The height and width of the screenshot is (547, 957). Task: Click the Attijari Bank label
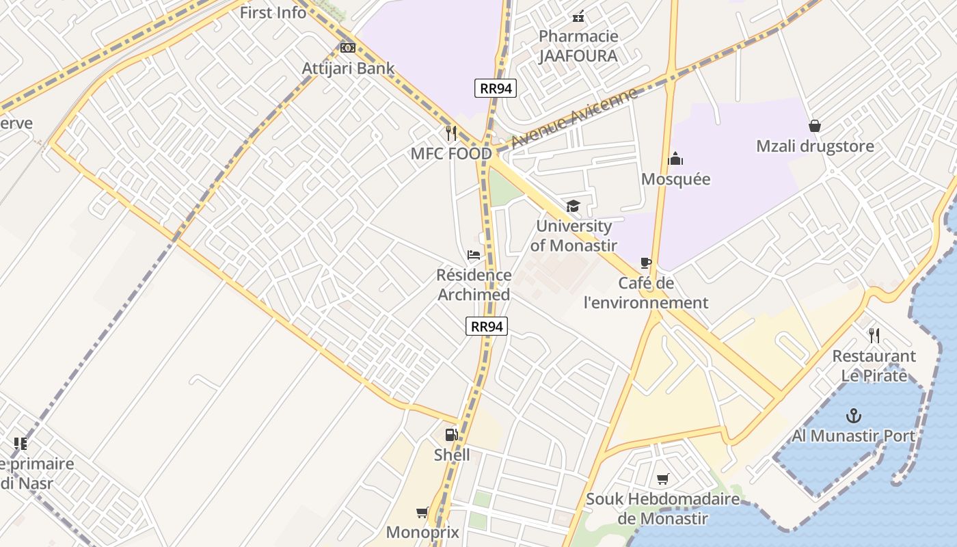coord(348,68)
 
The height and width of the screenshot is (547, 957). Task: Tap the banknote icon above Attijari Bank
coord(348,48)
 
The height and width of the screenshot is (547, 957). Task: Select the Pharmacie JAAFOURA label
coord(578,46)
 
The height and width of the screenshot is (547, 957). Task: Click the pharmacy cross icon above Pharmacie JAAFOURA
coord(578,16)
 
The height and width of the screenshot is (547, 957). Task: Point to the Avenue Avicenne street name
coord(574,118)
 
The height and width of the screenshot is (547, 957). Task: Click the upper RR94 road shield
coord(496,88)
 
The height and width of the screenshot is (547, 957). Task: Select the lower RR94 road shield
coord(487,326)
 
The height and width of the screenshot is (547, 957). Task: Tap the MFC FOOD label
coord(451,154)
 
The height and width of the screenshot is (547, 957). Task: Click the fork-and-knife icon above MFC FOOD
coord(451,133)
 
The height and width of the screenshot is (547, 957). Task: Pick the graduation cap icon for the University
coord(573,206)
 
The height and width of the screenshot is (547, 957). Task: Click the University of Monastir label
coord(574,236)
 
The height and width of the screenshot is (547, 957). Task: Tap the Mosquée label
coord(675,179)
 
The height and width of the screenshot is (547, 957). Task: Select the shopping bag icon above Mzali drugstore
coord(815,126)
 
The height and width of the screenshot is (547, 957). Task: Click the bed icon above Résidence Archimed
coord(473,255)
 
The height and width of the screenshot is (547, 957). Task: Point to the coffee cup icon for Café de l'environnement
coord(646,263)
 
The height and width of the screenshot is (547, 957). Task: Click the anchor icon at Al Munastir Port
coord(853,415)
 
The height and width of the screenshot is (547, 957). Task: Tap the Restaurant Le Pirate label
coord(874,366)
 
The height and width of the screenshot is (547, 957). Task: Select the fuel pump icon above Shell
coord(451,435)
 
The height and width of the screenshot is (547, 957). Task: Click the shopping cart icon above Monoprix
coord(422,512)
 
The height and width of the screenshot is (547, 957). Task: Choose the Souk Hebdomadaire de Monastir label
coord(662,509)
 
